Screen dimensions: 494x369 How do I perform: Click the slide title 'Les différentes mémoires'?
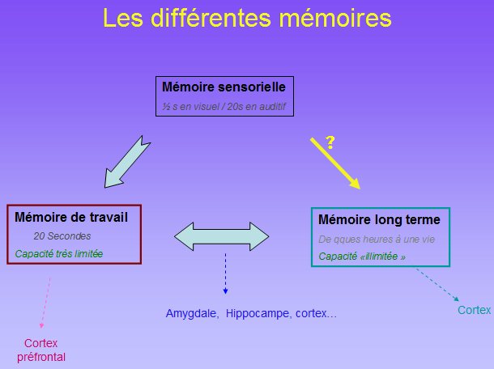tap(247, 18)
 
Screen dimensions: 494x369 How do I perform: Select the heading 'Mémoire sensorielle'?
tap(224, 87)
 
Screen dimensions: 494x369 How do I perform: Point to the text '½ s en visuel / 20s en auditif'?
tap(224, 107)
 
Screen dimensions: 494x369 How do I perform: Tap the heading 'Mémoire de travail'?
tap(71, 217)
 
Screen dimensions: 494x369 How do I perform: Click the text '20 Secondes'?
tap(62, 235)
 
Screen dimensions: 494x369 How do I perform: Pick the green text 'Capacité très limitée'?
tap(59, 254)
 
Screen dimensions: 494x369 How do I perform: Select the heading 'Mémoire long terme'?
tap(379, 219)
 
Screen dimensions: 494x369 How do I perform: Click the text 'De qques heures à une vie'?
tap(377, 240)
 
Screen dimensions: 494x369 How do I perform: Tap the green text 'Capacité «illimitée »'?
tap(362, 257)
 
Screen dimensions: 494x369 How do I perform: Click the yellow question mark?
tap(330, 142)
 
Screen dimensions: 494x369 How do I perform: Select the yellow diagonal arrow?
tap(335, 163)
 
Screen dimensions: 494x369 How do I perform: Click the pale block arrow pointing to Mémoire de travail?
tap(127, 162)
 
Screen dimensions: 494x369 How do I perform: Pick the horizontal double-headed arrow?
tap(221, 236)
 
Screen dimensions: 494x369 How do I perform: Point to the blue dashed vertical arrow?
tap(225, 274)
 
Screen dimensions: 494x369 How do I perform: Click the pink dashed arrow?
tap(45, 303)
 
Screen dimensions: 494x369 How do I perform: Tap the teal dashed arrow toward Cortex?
tap(437, 285)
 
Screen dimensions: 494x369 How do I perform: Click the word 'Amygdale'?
tap(192, 314)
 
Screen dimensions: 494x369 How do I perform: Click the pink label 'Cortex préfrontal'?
tap(41, 350)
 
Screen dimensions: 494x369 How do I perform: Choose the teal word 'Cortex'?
tap(474, 310)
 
